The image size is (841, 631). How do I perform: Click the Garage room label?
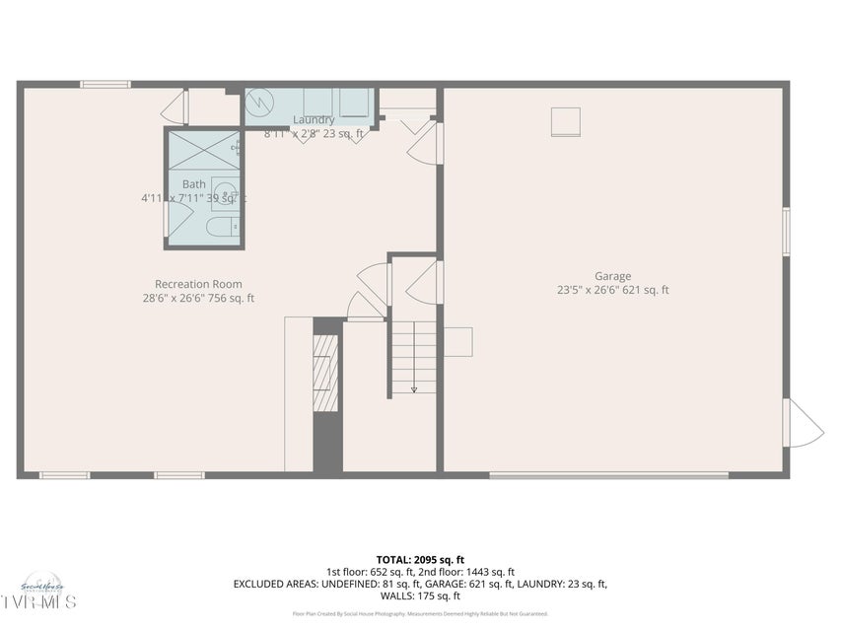click(x=612, y=277)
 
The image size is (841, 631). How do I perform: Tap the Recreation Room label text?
click(x=198, y=284)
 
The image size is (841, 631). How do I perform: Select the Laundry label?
click(x=314, y=120)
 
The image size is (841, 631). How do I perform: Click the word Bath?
click(x=194, y=184)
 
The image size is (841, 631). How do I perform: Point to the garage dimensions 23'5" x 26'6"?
click(x=612, y=291)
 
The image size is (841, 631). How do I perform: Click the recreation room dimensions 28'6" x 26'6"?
click(x=198, y=298)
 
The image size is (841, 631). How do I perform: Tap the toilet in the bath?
click(x=217, y=228)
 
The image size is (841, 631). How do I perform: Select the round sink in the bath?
click(x=225, y=192)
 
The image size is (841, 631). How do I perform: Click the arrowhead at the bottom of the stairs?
click(x=414, y=388)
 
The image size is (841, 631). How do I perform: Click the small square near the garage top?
click(x=565, y=121)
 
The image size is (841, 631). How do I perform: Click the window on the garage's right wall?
click(x=786, y=233)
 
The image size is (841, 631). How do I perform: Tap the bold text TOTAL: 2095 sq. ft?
click(x=420, y=560)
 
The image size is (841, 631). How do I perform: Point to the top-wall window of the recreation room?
click(x=105, y=84)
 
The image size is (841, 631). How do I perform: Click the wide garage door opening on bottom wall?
click(x=608, y=476)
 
